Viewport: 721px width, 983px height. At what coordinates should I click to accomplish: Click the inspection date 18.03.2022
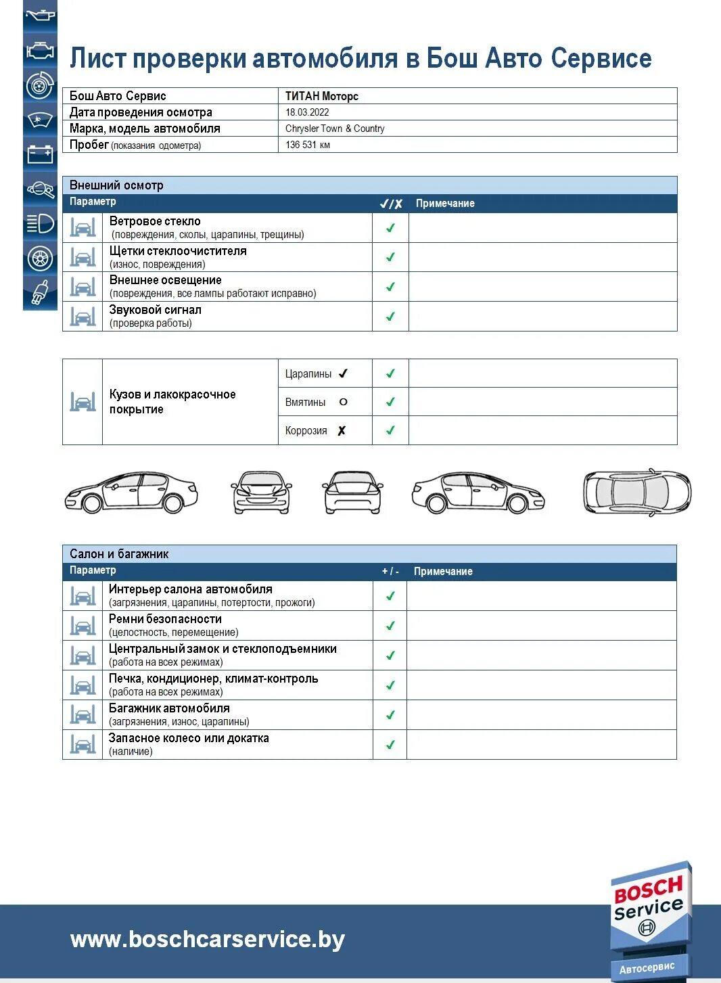click(x=307, y=112)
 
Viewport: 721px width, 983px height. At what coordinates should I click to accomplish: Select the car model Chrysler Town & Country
click(x=335, y=129)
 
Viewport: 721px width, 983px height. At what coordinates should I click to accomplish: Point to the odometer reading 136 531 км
click(x=308, y=145)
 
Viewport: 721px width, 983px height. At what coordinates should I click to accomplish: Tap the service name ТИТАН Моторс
click(x=321, y=96)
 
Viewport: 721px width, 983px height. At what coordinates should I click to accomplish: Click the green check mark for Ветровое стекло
click(x=390, y=228)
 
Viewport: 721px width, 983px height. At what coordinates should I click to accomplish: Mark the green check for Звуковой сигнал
click(x=390, y=316)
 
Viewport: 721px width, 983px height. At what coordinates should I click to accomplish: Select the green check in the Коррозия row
click(x=390, y=430)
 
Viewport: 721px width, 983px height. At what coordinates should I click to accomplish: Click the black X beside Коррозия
click(x=342, y=430)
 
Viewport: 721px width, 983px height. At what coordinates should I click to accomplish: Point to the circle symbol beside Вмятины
click(x=343, y=402)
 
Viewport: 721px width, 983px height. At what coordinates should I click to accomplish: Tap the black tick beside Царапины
click(x=343, y=373)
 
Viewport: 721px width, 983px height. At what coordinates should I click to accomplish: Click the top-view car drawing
click(x=636, y=491)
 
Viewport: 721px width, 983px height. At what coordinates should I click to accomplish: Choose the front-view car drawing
click(x=262, y=492)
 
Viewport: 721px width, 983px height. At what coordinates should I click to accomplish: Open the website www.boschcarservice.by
click(x=208, y=939)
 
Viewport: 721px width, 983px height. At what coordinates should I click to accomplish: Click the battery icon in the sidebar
click(x=40, y=154)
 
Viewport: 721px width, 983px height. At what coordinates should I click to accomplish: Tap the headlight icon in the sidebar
click(x=40, y=223)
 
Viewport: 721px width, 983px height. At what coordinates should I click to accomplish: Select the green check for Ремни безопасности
click(x=390, y=626)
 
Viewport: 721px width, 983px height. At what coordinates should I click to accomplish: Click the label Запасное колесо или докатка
click(x=189, y=738)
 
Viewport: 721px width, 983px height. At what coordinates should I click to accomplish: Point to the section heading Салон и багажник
click(x=119, y=554)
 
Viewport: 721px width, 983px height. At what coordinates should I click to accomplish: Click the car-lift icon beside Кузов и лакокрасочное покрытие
click(x=83, y=402)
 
